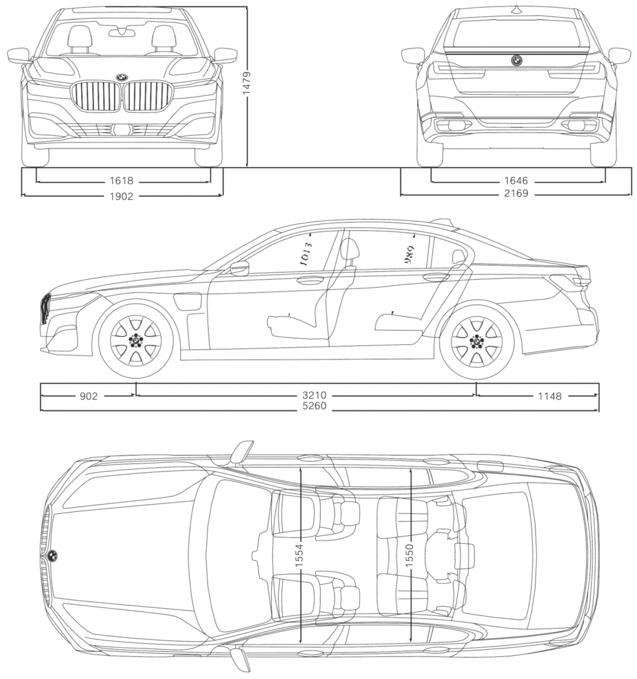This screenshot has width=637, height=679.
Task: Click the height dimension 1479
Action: (x=246, y=83)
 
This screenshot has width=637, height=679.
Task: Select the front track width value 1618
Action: (x=122, y=180)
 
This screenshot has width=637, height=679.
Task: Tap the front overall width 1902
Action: (x=122, y=196)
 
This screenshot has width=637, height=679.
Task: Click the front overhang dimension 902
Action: (x=88, y=396)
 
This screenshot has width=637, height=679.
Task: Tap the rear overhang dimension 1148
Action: (x=550, y=396)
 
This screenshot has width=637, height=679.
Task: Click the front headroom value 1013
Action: (x=306, y=254)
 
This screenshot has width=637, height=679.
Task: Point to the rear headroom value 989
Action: (x=410, y=255)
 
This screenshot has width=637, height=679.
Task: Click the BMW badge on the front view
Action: (x=122, y=78)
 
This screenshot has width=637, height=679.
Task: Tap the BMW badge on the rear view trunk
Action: (x=516, y=60)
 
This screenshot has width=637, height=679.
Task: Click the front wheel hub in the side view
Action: (x=136, y=340)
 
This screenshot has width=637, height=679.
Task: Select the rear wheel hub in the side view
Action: (x=476, y=340)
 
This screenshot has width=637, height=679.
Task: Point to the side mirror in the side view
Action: (x=239, y=269)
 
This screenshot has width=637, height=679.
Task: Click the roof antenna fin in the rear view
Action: (x=516, y=10)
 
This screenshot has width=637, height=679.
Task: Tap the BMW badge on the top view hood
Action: (x=52, y=556)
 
